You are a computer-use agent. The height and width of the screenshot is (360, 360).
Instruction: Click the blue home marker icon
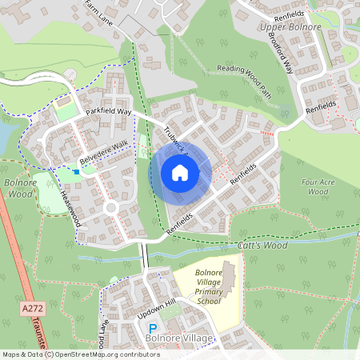point(180,172)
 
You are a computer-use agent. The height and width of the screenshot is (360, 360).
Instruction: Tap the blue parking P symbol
point(153,329)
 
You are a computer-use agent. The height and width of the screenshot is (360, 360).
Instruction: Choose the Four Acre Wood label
point(318,187)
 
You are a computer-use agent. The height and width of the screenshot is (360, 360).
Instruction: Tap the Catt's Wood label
point(262,246)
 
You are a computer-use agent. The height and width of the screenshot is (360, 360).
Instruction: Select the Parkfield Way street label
point(104,111)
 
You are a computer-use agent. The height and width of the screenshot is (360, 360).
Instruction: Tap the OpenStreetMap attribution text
point(80,354)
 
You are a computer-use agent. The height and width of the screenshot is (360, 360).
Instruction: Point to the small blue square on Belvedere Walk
point(76,170)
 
